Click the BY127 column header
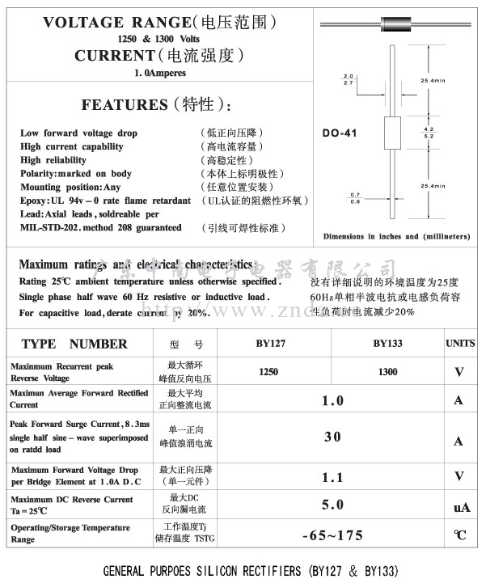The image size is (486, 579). click(271, 344)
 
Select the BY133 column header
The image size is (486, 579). click(387, 344)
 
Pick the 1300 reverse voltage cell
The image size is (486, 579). click(387, 372)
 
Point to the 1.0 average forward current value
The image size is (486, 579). click(332, 400)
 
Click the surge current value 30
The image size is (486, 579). click(332, 437)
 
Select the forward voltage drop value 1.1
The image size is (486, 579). click(332, 477)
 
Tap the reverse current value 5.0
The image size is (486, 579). click(332, 505)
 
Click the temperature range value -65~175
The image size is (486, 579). click(332, 535)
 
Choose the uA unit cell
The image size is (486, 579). click(461, 507)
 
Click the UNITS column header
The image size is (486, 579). click(460, 344)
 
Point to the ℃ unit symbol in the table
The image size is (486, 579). click(460, 535)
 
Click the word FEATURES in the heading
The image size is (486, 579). click(124, 104)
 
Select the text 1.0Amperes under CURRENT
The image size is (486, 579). click(159, 73)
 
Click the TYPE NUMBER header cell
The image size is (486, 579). click(74, 344)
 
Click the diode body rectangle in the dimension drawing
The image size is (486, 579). click(391, 133)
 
